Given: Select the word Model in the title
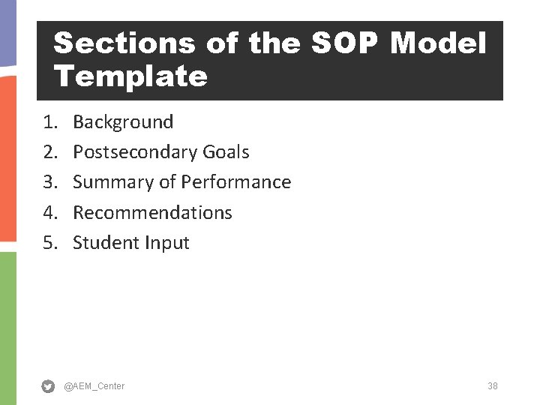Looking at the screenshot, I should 438,43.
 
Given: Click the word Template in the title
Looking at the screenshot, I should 130,76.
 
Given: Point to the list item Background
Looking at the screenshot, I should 123,121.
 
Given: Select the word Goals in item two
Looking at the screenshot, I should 226,152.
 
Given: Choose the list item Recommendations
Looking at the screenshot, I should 152,212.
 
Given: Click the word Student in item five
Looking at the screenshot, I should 105,243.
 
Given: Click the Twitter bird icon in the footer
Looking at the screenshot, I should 48,386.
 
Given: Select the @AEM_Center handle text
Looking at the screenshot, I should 94,386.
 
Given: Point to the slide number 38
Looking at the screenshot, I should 492,386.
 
